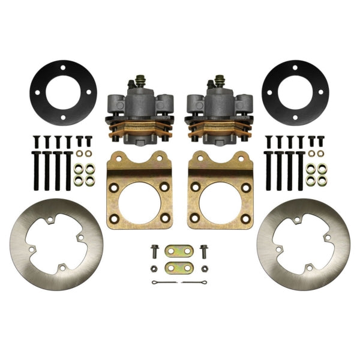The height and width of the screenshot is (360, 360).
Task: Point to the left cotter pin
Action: [x=163, y=283]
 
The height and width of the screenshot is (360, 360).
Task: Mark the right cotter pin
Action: [x=193, y=283]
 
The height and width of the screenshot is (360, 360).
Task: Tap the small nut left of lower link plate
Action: [x=154, y=268]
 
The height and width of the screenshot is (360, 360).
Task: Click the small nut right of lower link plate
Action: [x=205, y=268]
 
